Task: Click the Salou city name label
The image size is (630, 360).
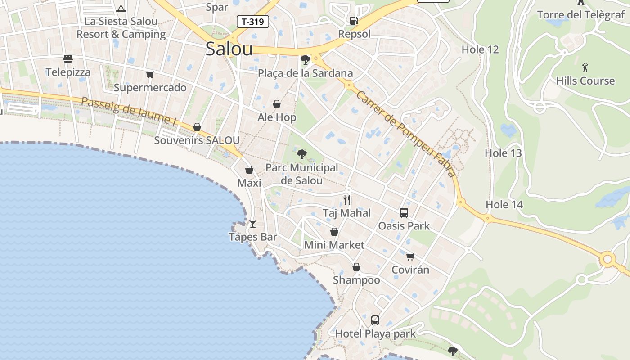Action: coord(229,49)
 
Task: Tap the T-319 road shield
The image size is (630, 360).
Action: coord(253,21)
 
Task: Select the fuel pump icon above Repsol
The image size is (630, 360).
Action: coord(354,20)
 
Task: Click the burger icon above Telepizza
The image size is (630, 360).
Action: coord(68,59)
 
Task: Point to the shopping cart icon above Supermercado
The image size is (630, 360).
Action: coord(150,74)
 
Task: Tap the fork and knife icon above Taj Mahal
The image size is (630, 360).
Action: coord(347,199)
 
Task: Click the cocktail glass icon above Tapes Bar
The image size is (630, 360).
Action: coord(253,223)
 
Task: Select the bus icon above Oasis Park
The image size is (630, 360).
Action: coord(404,213)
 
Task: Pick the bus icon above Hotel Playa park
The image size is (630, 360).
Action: coord(375,320)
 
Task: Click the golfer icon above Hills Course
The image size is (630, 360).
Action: coord(585,67)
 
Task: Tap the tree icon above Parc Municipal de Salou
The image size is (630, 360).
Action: coord(302,154)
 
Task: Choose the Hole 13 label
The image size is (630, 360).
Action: coord(503,153)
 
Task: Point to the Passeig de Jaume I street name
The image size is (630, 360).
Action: coord(129,110)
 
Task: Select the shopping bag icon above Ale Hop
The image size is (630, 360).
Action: coord(277,104)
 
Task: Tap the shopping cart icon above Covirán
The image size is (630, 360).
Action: coord(410,256)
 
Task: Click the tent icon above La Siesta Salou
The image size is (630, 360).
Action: coord(121,9)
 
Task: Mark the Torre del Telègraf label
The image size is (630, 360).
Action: coord(581,15)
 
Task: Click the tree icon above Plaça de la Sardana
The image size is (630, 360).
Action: coord(306,59)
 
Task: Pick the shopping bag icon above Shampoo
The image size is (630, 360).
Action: coord(356,267)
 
